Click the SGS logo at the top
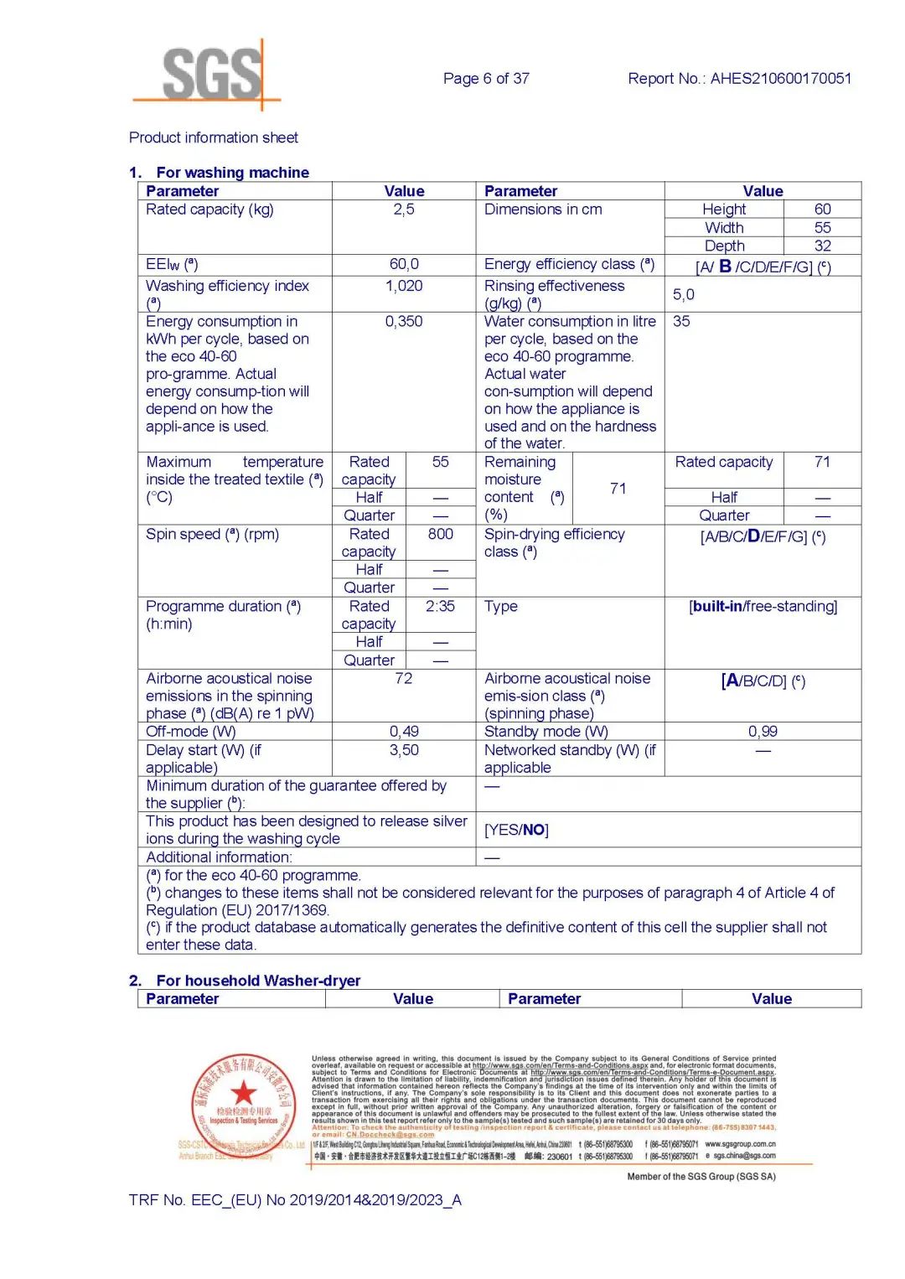point(211,75)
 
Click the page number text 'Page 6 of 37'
point(486,79)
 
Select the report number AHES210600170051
point(780,79)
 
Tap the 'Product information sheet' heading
point(214,137)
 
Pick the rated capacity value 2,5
point(404,210)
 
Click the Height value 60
point(823,210)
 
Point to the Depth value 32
point(823,246)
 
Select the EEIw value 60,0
point(404,265)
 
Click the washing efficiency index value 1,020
point(404,287)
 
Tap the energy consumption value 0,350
point(404,322)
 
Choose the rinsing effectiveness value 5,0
point(684,295)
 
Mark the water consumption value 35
point(681,322)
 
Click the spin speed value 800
point(441,535)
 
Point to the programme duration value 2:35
point(441,607)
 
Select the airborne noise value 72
point(404,679)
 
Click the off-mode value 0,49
point(404,732)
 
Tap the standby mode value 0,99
point(763,732)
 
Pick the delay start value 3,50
point(404,751)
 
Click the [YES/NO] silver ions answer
point(517,830)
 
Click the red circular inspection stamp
point(244,1101)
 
